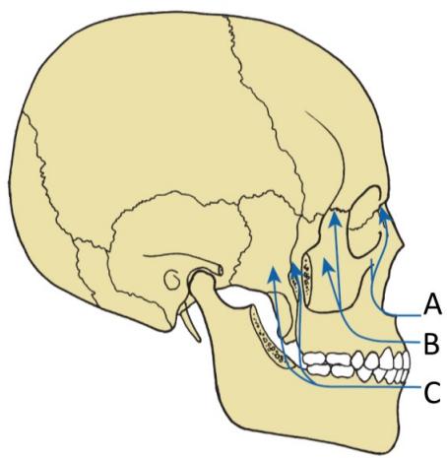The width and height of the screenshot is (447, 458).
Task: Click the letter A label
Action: [432, 304]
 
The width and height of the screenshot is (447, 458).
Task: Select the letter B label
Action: [431, 343]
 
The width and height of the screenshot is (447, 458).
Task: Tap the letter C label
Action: [432, 392]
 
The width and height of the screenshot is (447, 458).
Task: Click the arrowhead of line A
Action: [385, 215]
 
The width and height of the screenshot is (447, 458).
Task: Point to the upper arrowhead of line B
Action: [335, 219]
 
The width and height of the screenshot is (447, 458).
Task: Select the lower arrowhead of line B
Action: [328, 265]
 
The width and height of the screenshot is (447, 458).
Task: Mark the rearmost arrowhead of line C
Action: [274, 274]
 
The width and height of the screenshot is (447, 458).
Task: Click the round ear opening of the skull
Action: [171, 280]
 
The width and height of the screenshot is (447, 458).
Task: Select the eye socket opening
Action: [364, 222]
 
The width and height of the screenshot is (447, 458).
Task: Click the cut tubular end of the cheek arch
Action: [221, 270]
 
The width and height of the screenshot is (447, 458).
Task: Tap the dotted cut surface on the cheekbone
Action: [307, 273]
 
